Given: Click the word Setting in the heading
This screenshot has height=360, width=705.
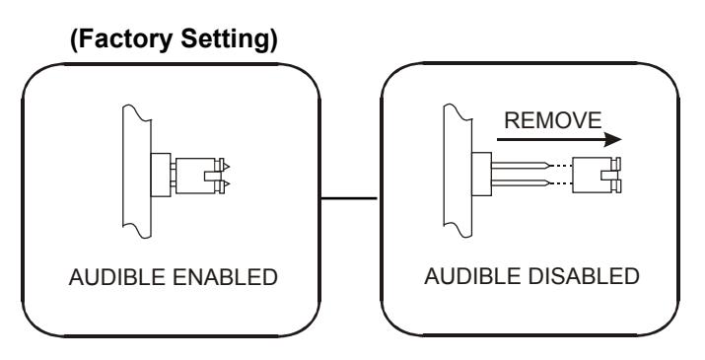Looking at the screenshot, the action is (230, 39).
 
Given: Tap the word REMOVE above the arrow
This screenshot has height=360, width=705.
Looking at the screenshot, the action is (552, 120).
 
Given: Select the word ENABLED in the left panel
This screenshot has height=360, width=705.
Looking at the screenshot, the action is (225, 277).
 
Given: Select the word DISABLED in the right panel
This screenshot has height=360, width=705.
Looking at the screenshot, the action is (584, 276).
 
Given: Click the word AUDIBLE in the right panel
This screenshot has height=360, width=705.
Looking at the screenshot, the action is (473, 276).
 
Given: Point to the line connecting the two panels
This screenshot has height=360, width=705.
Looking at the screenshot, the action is (349, 198).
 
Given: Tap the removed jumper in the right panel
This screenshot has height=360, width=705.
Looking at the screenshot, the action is (597, 175).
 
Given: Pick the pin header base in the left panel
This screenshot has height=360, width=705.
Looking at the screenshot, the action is (161, 175).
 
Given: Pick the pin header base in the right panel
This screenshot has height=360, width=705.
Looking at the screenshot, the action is (481, 175).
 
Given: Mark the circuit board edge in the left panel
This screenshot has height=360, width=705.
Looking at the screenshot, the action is (137, 171).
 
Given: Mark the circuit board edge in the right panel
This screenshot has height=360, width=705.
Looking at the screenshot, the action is (458, 171).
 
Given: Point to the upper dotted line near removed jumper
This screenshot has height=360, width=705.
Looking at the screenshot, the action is (561, 166).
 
